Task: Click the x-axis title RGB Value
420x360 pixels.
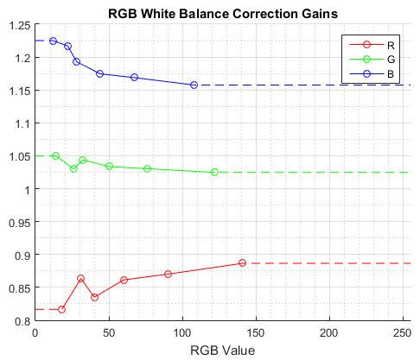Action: [222, 351]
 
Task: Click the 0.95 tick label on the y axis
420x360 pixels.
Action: [16, 222]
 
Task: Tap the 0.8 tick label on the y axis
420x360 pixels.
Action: [20, 320]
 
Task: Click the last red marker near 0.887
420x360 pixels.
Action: [242, 262]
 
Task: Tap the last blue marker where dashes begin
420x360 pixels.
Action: [194, 85]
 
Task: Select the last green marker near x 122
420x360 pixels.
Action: [214, 172]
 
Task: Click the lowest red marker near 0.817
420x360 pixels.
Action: [61, 309]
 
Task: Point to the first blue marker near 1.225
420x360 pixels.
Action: [53, 41]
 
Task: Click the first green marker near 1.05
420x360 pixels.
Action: [55, 155]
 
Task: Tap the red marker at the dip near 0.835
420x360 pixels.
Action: [94, 297]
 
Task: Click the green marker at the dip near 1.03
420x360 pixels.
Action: [73, 168]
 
